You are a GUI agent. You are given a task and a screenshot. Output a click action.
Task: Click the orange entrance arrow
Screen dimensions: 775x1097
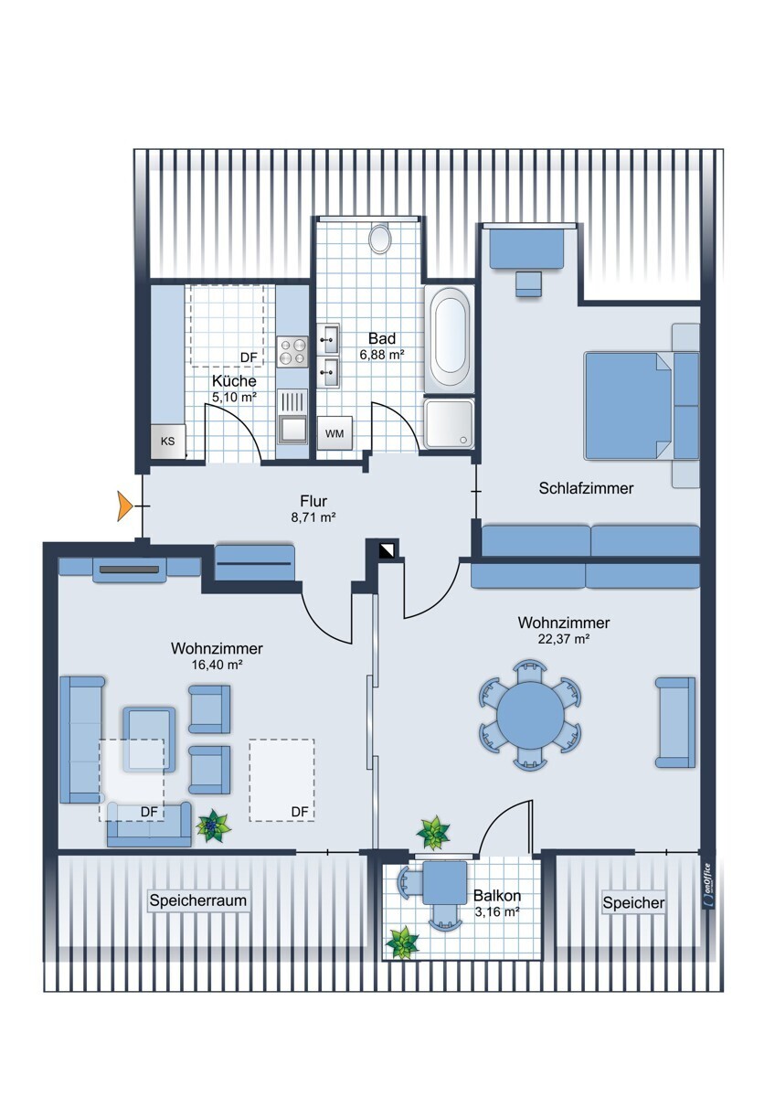125,506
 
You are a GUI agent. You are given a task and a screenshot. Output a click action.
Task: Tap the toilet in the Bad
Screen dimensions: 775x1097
380,238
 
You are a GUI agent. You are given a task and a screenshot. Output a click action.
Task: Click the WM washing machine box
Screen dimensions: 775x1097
334,433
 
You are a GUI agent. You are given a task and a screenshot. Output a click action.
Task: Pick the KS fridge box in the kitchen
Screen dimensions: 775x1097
168,442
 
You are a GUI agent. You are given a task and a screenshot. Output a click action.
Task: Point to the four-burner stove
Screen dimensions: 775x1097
292,352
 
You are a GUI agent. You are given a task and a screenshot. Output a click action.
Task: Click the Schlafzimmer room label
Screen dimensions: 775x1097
586,488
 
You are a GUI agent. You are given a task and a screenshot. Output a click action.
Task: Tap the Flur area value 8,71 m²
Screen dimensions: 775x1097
313,517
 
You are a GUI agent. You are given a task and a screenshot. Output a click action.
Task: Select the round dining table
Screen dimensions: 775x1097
530,714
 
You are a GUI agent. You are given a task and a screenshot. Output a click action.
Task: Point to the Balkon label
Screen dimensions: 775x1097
497,895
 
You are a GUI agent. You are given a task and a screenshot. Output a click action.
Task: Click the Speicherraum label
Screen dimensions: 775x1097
197,900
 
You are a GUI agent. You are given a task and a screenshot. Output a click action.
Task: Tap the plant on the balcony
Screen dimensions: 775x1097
402,943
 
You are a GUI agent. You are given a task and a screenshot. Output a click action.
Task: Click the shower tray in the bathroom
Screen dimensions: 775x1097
450,423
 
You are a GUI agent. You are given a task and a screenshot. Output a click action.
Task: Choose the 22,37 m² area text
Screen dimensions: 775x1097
563,639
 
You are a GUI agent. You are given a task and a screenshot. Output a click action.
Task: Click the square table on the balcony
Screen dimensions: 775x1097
444,882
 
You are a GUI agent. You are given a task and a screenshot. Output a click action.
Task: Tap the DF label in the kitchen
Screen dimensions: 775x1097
249,357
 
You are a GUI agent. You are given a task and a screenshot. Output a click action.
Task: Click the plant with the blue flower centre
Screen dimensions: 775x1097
213,825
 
